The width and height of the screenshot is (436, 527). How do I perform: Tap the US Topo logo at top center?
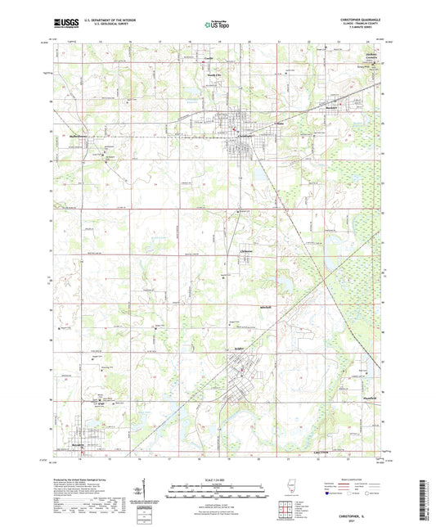tap(218, 25)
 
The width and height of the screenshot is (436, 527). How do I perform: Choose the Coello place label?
tap(208, 58)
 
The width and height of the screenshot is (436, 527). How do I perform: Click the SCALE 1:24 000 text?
tap(218, 479)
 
